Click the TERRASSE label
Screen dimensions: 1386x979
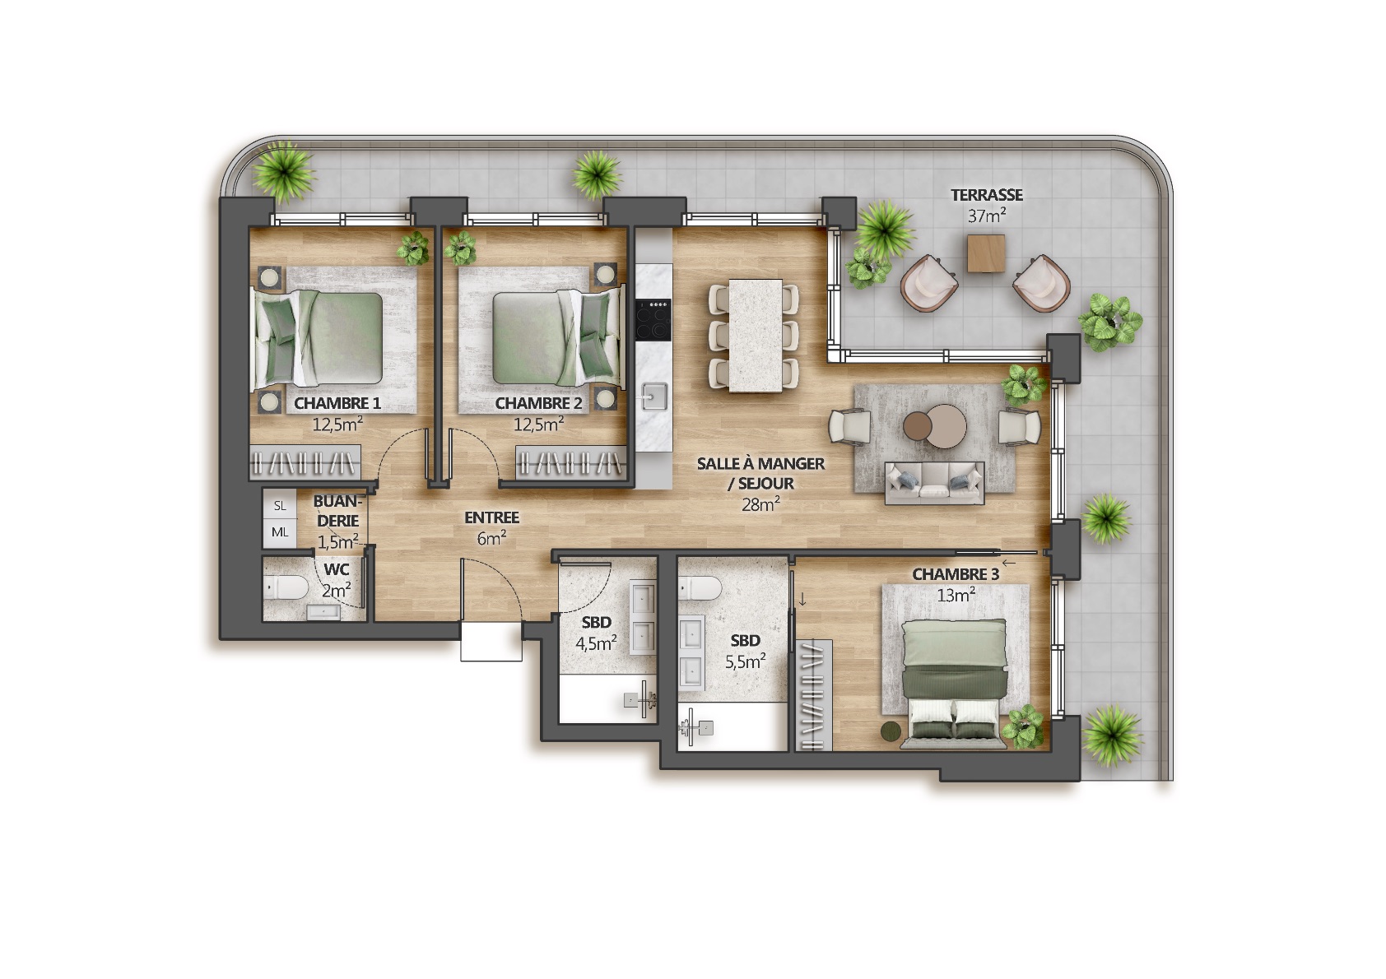[986, 195]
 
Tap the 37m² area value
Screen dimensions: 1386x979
[986, 216]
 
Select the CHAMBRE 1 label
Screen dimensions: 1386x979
[337, 403]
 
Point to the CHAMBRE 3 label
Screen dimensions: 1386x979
[956, 574]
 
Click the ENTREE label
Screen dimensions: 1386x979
[492, 517]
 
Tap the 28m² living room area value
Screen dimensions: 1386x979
[760, 504]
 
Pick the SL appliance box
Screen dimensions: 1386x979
[280, 505]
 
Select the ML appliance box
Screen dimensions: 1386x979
[280, 532]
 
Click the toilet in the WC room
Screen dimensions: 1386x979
[286, 588]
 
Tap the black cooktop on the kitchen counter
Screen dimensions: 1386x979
[653, 320]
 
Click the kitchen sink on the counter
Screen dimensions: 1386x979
[654, 396]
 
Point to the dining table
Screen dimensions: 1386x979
[755, 335]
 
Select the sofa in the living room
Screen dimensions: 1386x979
[934, 483]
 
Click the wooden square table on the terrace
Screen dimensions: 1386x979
[986, 253]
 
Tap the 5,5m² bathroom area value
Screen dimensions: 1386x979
[745, 661]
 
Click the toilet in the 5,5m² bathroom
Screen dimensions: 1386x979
[700, 587]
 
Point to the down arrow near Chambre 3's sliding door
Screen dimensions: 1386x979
[802, 599]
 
